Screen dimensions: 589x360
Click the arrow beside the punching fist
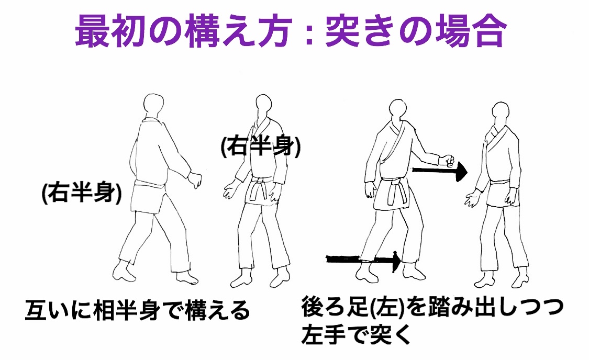click(439, 171)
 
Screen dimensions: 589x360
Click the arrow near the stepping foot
click(364, 260)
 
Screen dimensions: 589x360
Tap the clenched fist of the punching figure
click(448, 160)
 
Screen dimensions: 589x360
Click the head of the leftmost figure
click(153, 105)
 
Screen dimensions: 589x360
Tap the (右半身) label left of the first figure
click(82, 193)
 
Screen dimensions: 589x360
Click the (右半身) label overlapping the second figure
click(261, 146)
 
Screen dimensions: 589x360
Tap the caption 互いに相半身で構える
click(138, 310)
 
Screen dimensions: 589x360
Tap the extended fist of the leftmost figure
click(195, 179)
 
